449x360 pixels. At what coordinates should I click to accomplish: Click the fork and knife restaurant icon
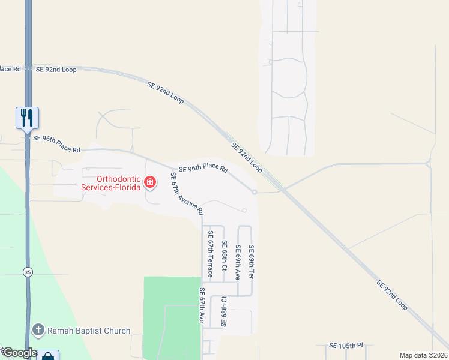click(27, 117)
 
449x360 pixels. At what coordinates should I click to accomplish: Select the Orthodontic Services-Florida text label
click(111, 183)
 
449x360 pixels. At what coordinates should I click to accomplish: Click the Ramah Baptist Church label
click(89, 331)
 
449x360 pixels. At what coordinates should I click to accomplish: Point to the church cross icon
click(38, 330)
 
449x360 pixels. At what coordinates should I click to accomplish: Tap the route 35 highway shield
click(28, 272)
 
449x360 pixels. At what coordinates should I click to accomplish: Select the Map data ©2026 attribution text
click(423, 355)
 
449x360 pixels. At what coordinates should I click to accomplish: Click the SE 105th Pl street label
click(346, 346)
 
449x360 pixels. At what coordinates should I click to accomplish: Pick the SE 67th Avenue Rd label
click(187, 194)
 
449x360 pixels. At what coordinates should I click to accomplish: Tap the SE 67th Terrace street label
click(211, 253)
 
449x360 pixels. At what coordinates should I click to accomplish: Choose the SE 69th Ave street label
click(238, 263)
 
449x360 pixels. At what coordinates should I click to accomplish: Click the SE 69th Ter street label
click(252, 262)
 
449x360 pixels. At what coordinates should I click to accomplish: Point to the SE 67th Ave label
click(202, 305)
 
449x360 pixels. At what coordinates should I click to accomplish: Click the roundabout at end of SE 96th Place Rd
click(255, 192)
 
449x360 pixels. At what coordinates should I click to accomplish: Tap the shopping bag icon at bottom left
click(47, 356)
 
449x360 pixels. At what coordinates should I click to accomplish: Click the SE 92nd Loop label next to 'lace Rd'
click(56, 70)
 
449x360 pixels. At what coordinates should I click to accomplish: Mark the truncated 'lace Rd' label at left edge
click(10, 69)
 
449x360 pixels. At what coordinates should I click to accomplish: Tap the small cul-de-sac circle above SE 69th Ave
click(244, 210)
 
